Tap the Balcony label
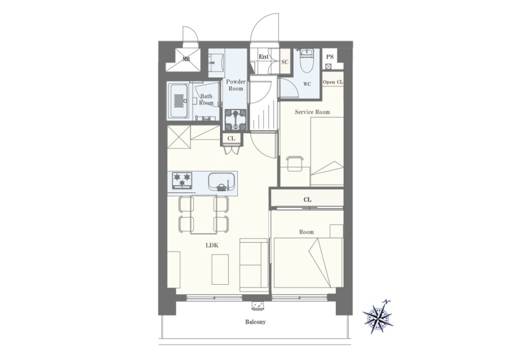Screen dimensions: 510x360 256,322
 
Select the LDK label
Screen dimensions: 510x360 212,245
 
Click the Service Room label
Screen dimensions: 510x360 312,112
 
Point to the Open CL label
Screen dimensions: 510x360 333,82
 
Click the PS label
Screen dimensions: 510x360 330,57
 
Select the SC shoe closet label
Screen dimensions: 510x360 285,62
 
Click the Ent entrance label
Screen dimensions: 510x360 263,57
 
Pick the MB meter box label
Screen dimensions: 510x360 186,59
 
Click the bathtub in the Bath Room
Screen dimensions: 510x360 178,101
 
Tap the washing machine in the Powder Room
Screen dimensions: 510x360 235,119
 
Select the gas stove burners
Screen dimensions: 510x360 182,180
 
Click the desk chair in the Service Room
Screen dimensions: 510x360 295,164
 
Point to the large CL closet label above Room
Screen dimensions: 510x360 307,199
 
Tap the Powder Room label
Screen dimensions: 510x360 236,85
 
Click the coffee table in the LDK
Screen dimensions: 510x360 220,270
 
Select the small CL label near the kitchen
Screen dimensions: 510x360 231,139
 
